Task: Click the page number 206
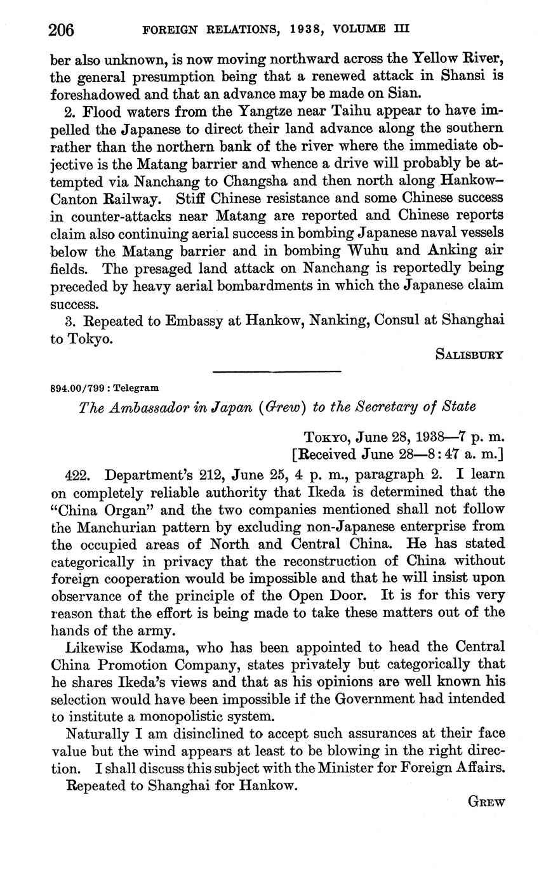click(x=62, y=30)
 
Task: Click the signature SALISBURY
click(x=469, y=355)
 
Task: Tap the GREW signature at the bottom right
click(x=486, y=802)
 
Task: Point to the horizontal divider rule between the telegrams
click(x=277, y=371)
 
